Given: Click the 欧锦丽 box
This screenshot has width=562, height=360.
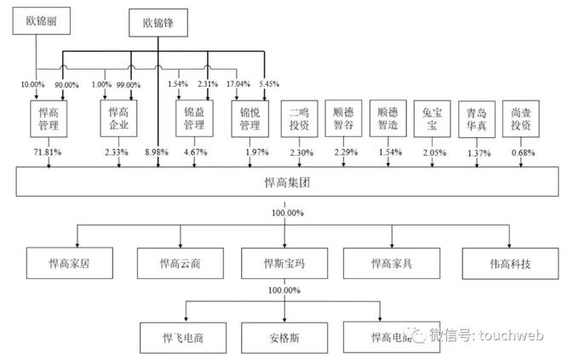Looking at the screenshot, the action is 42,21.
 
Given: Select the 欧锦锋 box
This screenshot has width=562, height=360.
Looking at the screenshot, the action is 158,23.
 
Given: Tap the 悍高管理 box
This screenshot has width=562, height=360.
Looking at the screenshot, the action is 49,119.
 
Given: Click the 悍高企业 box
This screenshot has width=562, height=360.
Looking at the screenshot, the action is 118,118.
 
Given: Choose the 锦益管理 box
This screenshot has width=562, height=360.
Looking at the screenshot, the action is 195,118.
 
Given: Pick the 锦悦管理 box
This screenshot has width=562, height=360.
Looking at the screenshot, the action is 250,119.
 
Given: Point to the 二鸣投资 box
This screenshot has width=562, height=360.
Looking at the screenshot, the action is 299,119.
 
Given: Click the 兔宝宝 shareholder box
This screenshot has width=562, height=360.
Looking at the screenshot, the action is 433,119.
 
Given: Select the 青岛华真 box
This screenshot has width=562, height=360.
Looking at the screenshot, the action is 477,119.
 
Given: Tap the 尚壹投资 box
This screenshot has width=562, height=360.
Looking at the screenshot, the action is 521,119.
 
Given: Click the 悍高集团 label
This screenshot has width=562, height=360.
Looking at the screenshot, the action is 287,182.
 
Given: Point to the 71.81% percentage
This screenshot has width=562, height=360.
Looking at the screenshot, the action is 48,152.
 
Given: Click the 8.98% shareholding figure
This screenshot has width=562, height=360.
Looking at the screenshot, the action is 157,152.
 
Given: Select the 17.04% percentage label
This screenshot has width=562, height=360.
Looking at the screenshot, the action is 238,83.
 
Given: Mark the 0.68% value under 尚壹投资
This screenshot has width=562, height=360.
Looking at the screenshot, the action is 524,153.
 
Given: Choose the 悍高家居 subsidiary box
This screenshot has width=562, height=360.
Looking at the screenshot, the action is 70,263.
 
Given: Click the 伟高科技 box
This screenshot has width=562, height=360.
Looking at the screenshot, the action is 510,264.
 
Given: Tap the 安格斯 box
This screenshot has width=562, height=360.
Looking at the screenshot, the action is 284,338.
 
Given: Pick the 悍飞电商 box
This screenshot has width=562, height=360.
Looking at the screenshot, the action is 183,338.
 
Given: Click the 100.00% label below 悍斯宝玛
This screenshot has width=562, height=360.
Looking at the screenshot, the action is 284,290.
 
